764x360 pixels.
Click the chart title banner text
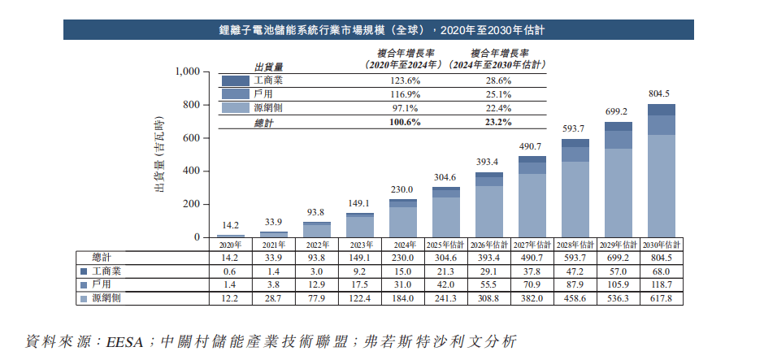pos(381,31)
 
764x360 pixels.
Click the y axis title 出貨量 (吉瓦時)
pos(159,155)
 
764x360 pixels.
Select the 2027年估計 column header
pos(532,245)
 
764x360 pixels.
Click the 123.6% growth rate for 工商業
pos(404,81)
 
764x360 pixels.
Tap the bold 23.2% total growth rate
pos(498,122)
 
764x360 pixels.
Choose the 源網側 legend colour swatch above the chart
pos(235,108)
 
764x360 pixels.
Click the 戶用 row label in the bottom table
pos(102,284)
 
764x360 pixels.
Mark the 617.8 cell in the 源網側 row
pos(661,298)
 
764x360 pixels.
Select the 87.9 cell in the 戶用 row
pos(575,284)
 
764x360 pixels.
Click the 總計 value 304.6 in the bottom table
pos(446,257)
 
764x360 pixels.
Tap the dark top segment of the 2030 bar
pos(661,110)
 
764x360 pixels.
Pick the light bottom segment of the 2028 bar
pos(575,199)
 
